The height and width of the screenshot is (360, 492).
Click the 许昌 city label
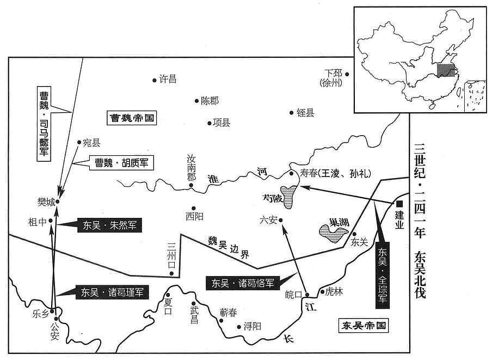[x=168, y=79]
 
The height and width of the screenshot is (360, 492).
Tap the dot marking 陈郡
[x=196, y=101]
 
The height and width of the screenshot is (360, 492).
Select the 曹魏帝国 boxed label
[x=132, y=118]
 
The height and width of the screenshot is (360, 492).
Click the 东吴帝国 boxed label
[x=364, y=325]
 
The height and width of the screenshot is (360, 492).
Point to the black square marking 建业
[x=399, y=204]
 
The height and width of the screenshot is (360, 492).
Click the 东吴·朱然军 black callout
[x=109, y=225]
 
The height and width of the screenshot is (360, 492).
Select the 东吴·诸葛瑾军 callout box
[x=112, y=292]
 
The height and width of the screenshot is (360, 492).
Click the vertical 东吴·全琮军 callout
[x=383, y=275]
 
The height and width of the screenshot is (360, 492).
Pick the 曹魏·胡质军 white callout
[x=121, y=163]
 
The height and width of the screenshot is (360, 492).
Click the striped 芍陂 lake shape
[x=288, y=196]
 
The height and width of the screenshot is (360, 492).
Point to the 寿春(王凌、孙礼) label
[x=335, y=173]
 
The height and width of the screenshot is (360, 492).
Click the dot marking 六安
[x=281, y=221]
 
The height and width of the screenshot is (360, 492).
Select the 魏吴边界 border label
[x=229, y=247]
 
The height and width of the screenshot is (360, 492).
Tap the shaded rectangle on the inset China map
[x=446, y=70]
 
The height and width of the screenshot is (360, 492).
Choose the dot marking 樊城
[x=58, y=202]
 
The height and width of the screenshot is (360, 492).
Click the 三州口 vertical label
[x=171, y=255]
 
